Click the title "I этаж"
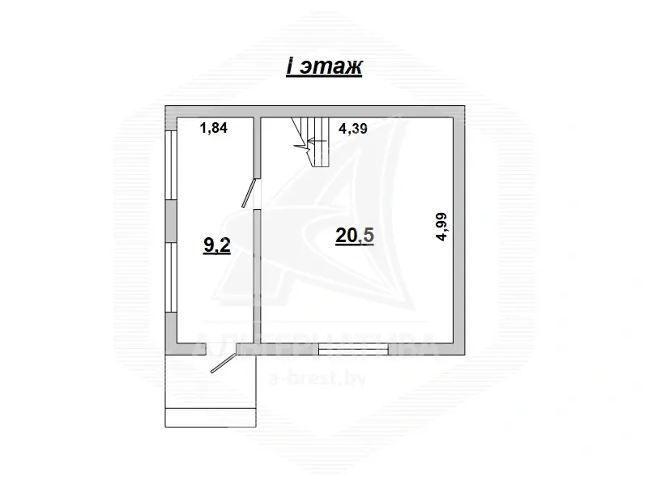(322, 67)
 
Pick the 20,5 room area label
(355, 236)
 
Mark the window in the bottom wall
(360, 349)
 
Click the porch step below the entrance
(210, 417)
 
